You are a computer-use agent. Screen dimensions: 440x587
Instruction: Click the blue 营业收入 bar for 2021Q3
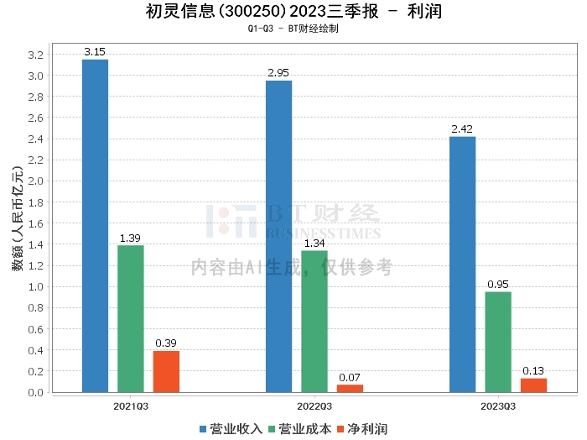click(x=95, y=225)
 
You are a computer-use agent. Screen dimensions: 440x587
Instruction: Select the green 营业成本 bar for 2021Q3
click(x=130, y=318)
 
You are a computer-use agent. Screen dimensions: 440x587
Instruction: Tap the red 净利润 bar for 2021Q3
click(x=166, y=371)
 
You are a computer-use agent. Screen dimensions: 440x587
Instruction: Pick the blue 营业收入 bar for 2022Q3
click(x=278, y=236)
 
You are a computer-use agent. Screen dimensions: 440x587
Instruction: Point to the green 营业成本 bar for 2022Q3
click(x=314, y=321)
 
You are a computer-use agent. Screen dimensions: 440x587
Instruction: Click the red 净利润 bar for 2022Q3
click(x=350, y=388)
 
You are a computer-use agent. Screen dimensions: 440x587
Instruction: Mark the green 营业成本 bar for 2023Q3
click(x=498, y=342)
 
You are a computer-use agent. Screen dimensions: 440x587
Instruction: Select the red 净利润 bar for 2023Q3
click(x=533, y=385)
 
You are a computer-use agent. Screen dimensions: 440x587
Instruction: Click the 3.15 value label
click(x=95, y=52)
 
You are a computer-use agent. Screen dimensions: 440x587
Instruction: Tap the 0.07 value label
click(x=350, y=377)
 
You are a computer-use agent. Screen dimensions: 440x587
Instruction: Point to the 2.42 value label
click(x=462, y=129)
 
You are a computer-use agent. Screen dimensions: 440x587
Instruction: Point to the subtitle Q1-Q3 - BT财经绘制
click(x=293, y=29)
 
